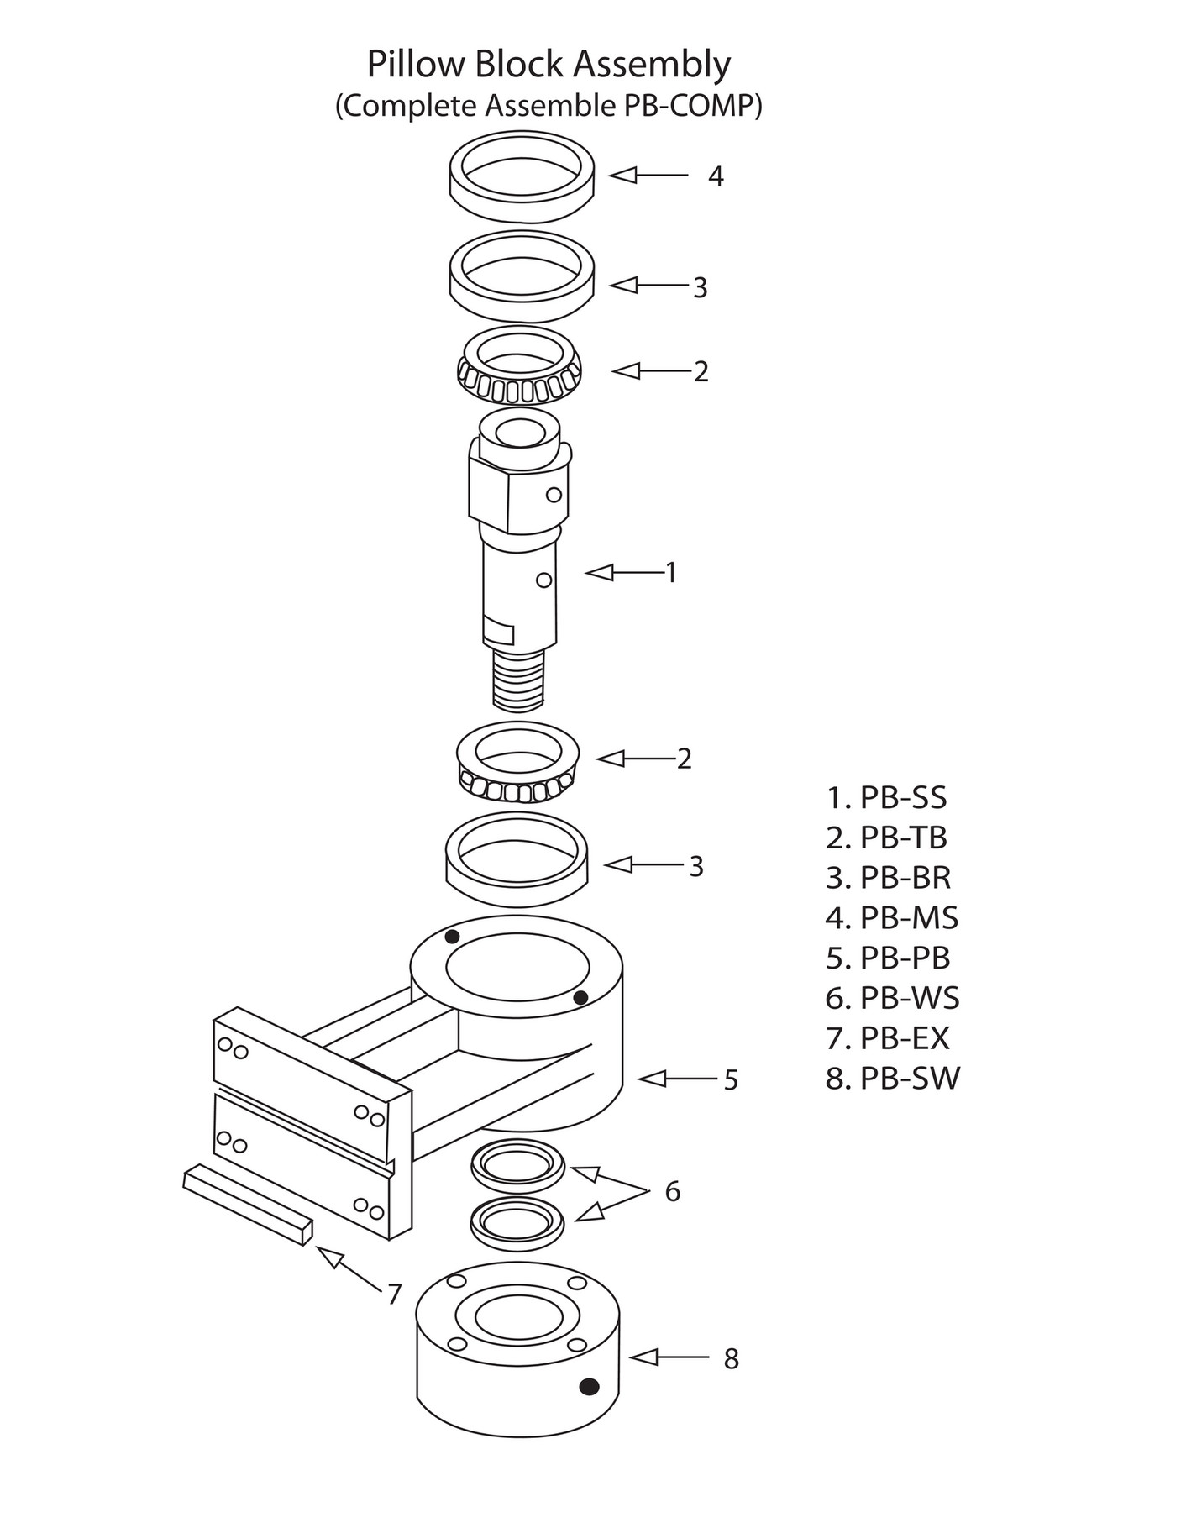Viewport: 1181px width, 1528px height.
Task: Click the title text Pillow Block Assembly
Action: click(x=549, y=65)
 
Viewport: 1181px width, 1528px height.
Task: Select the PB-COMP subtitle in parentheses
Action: click(x=549, y=107)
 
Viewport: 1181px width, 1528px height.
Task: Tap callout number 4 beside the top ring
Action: click(x=716, y=176)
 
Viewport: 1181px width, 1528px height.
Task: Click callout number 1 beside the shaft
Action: click(x=671, y=573)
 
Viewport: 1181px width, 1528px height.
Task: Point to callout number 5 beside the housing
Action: click(x=731, y=1080)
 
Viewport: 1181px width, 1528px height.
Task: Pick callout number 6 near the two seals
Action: click(x=672, y=1191)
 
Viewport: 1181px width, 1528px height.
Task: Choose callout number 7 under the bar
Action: click(x=394, y=1294)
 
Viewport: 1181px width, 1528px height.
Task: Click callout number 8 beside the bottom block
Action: click(x=731, y=1359)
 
